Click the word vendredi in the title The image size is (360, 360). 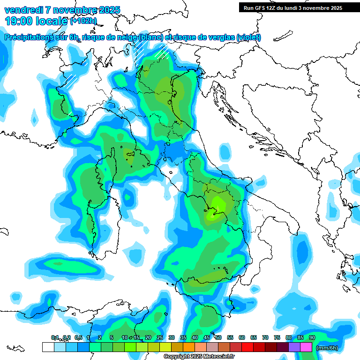pos(24,10)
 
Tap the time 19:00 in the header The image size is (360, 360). pos(18,21)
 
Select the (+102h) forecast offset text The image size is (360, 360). pos(83,21)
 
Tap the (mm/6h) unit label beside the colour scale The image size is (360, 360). pos(326,347)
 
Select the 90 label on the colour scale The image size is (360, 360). pos(312,337)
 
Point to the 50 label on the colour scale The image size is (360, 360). pos(218,337)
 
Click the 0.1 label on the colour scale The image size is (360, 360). pos(55,337)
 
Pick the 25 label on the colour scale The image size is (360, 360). pos(159,337)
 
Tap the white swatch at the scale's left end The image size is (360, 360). pos(48,347)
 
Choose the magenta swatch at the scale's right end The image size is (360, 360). pos(306,347)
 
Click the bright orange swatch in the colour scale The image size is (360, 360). pos(188,347)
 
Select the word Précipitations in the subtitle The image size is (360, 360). pos(27,37)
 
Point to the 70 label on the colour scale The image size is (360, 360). pos(265,337)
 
